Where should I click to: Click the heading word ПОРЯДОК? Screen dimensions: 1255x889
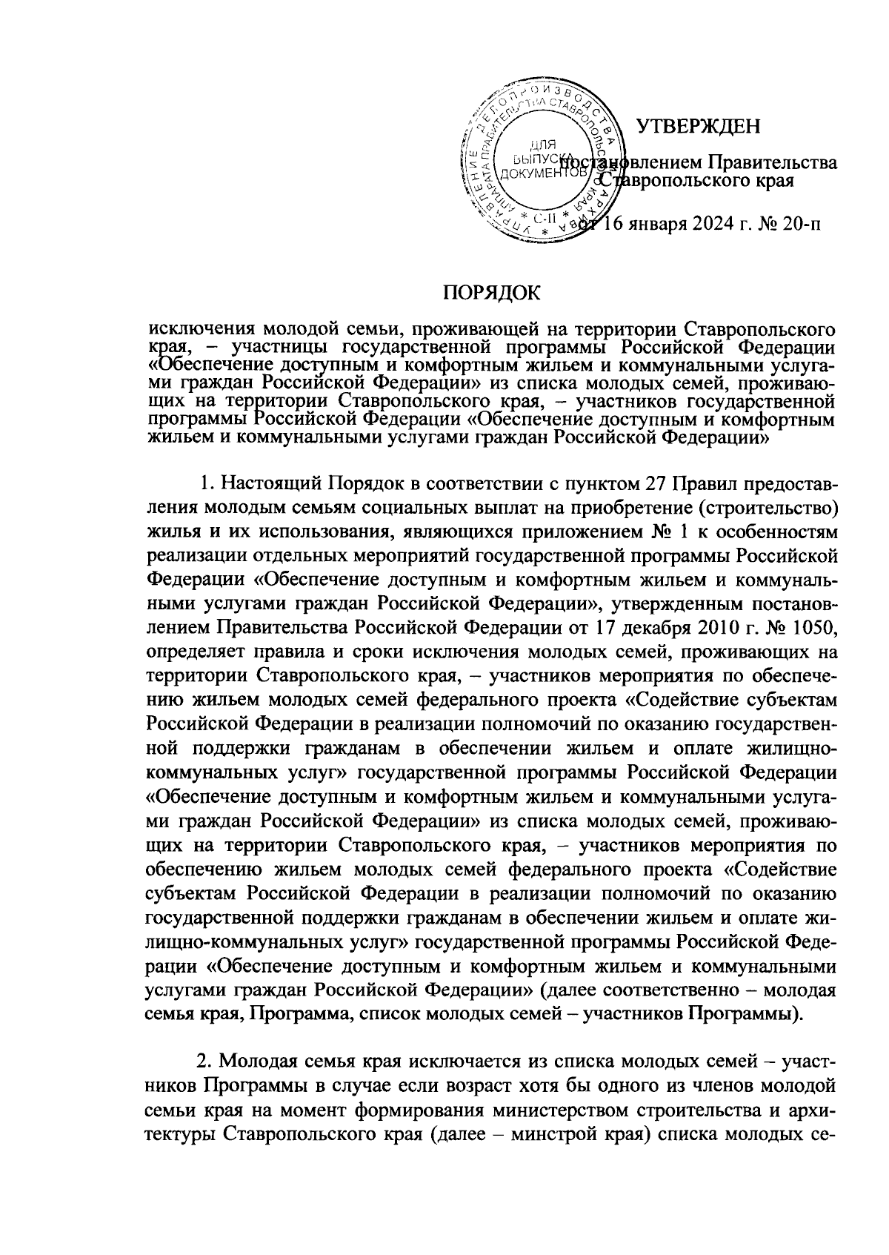point(492,292)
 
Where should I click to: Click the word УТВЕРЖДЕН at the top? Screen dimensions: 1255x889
point(699,126)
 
